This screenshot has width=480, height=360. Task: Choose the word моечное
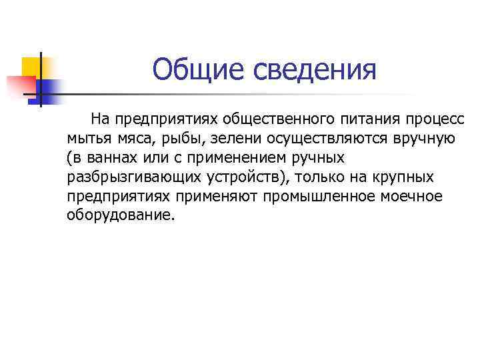click(413, 197)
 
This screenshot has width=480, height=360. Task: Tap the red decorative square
click(20, 85)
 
